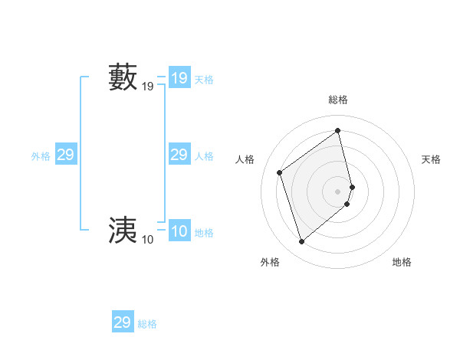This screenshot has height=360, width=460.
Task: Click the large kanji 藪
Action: point(123,78)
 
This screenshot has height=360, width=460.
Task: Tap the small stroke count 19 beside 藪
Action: point(148,87)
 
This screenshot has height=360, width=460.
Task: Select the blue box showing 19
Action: point(179,78)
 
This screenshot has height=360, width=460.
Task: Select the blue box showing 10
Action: point(179,231)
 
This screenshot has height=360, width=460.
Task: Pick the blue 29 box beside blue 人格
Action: point(179,155)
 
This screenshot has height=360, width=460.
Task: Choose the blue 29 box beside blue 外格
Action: point(66,155)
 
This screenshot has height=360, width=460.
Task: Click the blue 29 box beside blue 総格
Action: point(123,322)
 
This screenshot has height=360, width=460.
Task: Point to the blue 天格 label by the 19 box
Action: point(204,80)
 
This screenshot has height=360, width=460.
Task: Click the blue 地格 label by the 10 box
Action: point(204,233)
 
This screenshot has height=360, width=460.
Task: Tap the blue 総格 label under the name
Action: point(147,324)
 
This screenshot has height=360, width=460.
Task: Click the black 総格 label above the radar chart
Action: point(338,100)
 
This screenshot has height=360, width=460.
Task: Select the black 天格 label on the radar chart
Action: point(431,159)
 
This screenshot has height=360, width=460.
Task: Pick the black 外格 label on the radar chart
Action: point(270,262)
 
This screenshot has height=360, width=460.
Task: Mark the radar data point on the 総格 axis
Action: point(338,131)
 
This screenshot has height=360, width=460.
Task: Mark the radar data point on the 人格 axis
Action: point(280,172)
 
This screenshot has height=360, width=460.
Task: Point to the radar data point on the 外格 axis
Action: point(302,242)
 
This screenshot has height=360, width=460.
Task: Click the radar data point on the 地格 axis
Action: point(347,204)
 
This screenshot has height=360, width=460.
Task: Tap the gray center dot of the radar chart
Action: point(338,191)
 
